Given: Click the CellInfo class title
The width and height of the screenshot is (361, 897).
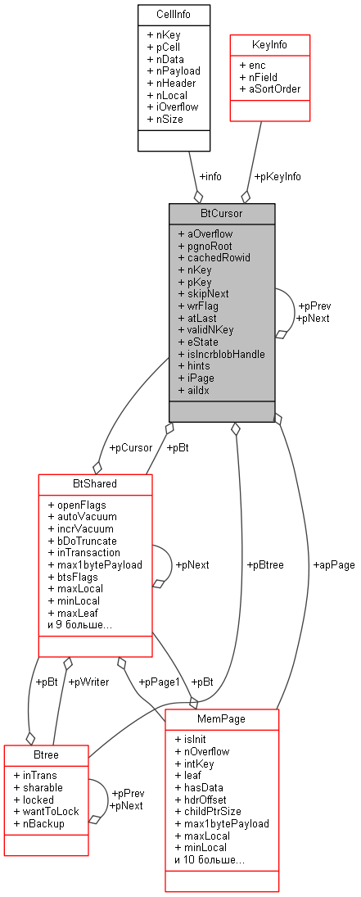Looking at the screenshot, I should click(x=174, y=15).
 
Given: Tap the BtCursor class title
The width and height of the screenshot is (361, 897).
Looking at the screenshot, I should click(x=222, y=214).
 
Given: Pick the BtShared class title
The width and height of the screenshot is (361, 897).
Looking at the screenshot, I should click(x=95, y=484).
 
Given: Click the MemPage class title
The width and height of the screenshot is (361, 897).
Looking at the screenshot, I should click(x=222, y=718).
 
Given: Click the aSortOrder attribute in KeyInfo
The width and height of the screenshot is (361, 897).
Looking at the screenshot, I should click(x=274, y=88).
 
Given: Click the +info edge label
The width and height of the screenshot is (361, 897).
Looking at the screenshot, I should click(x=210, y=175).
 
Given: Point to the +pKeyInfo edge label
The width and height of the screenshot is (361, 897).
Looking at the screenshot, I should click(x=277, y=175).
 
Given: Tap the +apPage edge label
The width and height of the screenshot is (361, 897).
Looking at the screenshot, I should click(x=333, y=564).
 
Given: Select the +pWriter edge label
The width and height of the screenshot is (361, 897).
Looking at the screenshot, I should click(x=88, y=681).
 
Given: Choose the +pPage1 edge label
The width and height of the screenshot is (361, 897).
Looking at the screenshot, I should click(x=158, y=681).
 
